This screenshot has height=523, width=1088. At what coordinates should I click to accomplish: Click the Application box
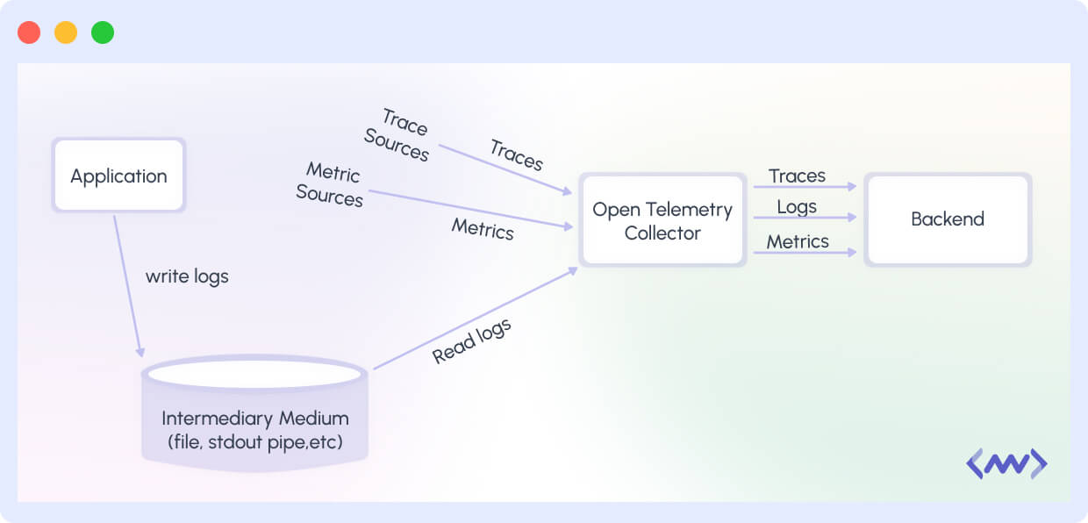pos(118,176)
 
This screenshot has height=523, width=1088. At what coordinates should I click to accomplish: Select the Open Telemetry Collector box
pos(662,220)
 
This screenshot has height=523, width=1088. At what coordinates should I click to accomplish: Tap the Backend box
pos(948,219)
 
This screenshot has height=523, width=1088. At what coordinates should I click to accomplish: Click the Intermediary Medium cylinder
pos(254,412)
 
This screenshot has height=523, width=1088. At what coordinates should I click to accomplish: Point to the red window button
pos(29,32)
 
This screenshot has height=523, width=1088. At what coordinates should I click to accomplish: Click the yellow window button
pos(66,32)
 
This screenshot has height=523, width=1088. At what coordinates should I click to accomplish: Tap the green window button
pos(103,32)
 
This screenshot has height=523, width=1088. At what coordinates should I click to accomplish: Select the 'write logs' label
pos(187,276)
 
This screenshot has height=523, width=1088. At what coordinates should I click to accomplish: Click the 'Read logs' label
pos(471,341)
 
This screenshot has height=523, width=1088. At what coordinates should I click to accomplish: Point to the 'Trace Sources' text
pos(400,135)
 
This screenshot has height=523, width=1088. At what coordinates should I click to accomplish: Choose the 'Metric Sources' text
pos(331,184)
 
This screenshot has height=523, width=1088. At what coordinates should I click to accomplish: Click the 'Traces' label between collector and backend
pos(797,176)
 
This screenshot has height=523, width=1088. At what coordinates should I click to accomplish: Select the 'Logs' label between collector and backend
pos(797,207)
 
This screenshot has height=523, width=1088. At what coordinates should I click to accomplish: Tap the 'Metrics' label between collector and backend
pos(798,241)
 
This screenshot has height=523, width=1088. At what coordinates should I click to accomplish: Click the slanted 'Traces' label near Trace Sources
pos(517,154)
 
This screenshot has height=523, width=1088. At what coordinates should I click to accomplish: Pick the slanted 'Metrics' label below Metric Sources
pos(483,229)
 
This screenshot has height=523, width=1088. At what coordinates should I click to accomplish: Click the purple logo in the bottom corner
pos(1006,463)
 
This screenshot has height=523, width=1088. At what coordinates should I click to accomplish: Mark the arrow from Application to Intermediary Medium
pos(127,285)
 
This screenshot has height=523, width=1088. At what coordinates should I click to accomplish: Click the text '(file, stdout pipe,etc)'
pos(254,442)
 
